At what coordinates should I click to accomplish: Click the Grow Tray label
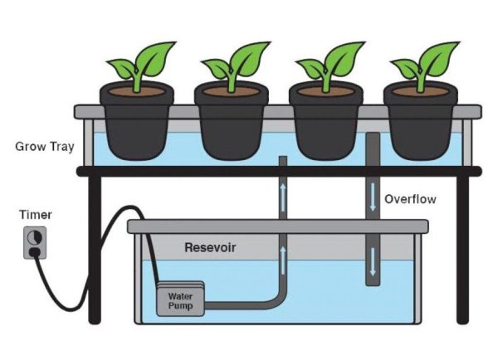pyautogui.click(x=45, y=148)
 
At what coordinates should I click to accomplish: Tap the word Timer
pyautogui.click(x=36, y=216)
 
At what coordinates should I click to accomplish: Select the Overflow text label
pyautogui.click(x=410, y=200)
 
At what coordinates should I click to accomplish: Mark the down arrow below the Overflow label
pyautogui.click(x=373, y=265)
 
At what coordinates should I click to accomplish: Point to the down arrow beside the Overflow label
pyautogui.click(x=373, y=200)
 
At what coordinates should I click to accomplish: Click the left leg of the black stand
pyautogui.click(x=95, y=249)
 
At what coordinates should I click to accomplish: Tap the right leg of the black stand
pyautogui.click(x=463, y=249)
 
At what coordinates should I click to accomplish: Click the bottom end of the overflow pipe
pyautogui.click(x=372, y=282)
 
